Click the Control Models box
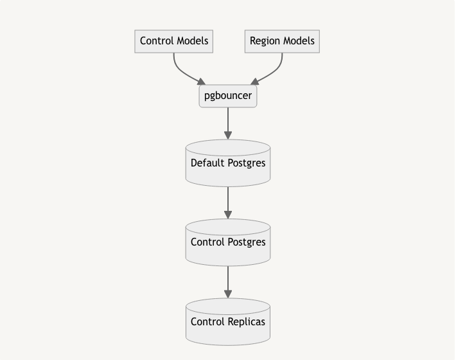pyautogui.click(x=174, y=41)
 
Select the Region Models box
pyautogui.click(x=282, y=41)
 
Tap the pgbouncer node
pyautogui.click(x=228, y=96)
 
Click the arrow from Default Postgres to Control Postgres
pyautogui.click(x=228, y=202)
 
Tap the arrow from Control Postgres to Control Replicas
pyautogui.click(x=228, y=282)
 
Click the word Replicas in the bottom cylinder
pyautogui.click(x=246, y=322)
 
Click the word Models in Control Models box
pyautogui.click(x=191, y=41)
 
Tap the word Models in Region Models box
pyautogui.click(x=299, y=41)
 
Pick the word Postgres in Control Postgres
pyautogui.click(x=245, y=242)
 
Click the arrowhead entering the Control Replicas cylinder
pyautogui.click(x=228, y=295)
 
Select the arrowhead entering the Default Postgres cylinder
pyautogui.click(x=228, y=135)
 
